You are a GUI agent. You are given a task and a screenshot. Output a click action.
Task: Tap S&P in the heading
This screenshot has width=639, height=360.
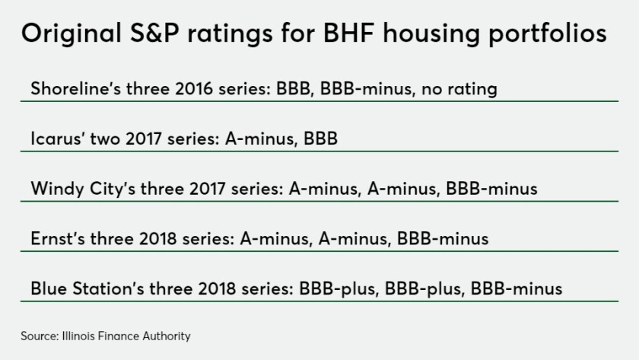tap(154, 33)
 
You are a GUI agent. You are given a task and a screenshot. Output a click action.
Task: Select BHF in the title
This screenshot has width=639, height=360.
tap(348, 33)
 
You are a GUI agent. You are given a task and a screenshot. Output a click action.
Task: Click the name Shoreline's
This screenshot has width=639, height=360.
tap(76, 88)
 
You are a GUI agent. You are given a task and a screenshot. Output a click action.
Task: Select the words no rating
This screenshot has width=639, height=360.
tap(459, 89)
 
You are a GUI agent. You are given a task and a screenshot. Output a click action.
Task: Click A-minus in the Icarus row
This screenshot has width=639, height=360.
tap(260, 139)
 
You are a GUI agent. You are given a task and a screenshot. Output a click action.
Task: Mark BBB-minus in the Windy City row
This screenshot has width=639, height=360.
tap(491, 189)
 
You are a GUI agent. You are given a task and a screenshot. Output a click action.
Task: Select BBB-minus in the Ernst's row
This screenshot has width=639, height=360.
tap(443, 238)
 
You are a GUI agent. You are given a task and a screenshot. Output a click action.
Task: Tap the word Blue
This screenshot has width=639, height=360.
tap(49, 288)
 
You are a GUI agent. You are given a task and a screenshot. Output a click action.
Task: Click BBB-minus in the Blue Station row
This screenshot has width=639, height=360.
tap(517, 288)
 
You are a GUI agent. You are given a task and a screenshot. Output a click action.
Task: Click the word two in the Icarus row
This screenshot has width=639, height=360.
tap(105, 139)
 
